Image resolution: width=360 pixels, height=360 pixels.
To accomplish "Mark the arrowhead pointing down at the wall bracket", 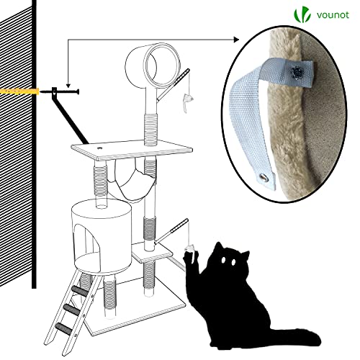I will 67,84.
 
